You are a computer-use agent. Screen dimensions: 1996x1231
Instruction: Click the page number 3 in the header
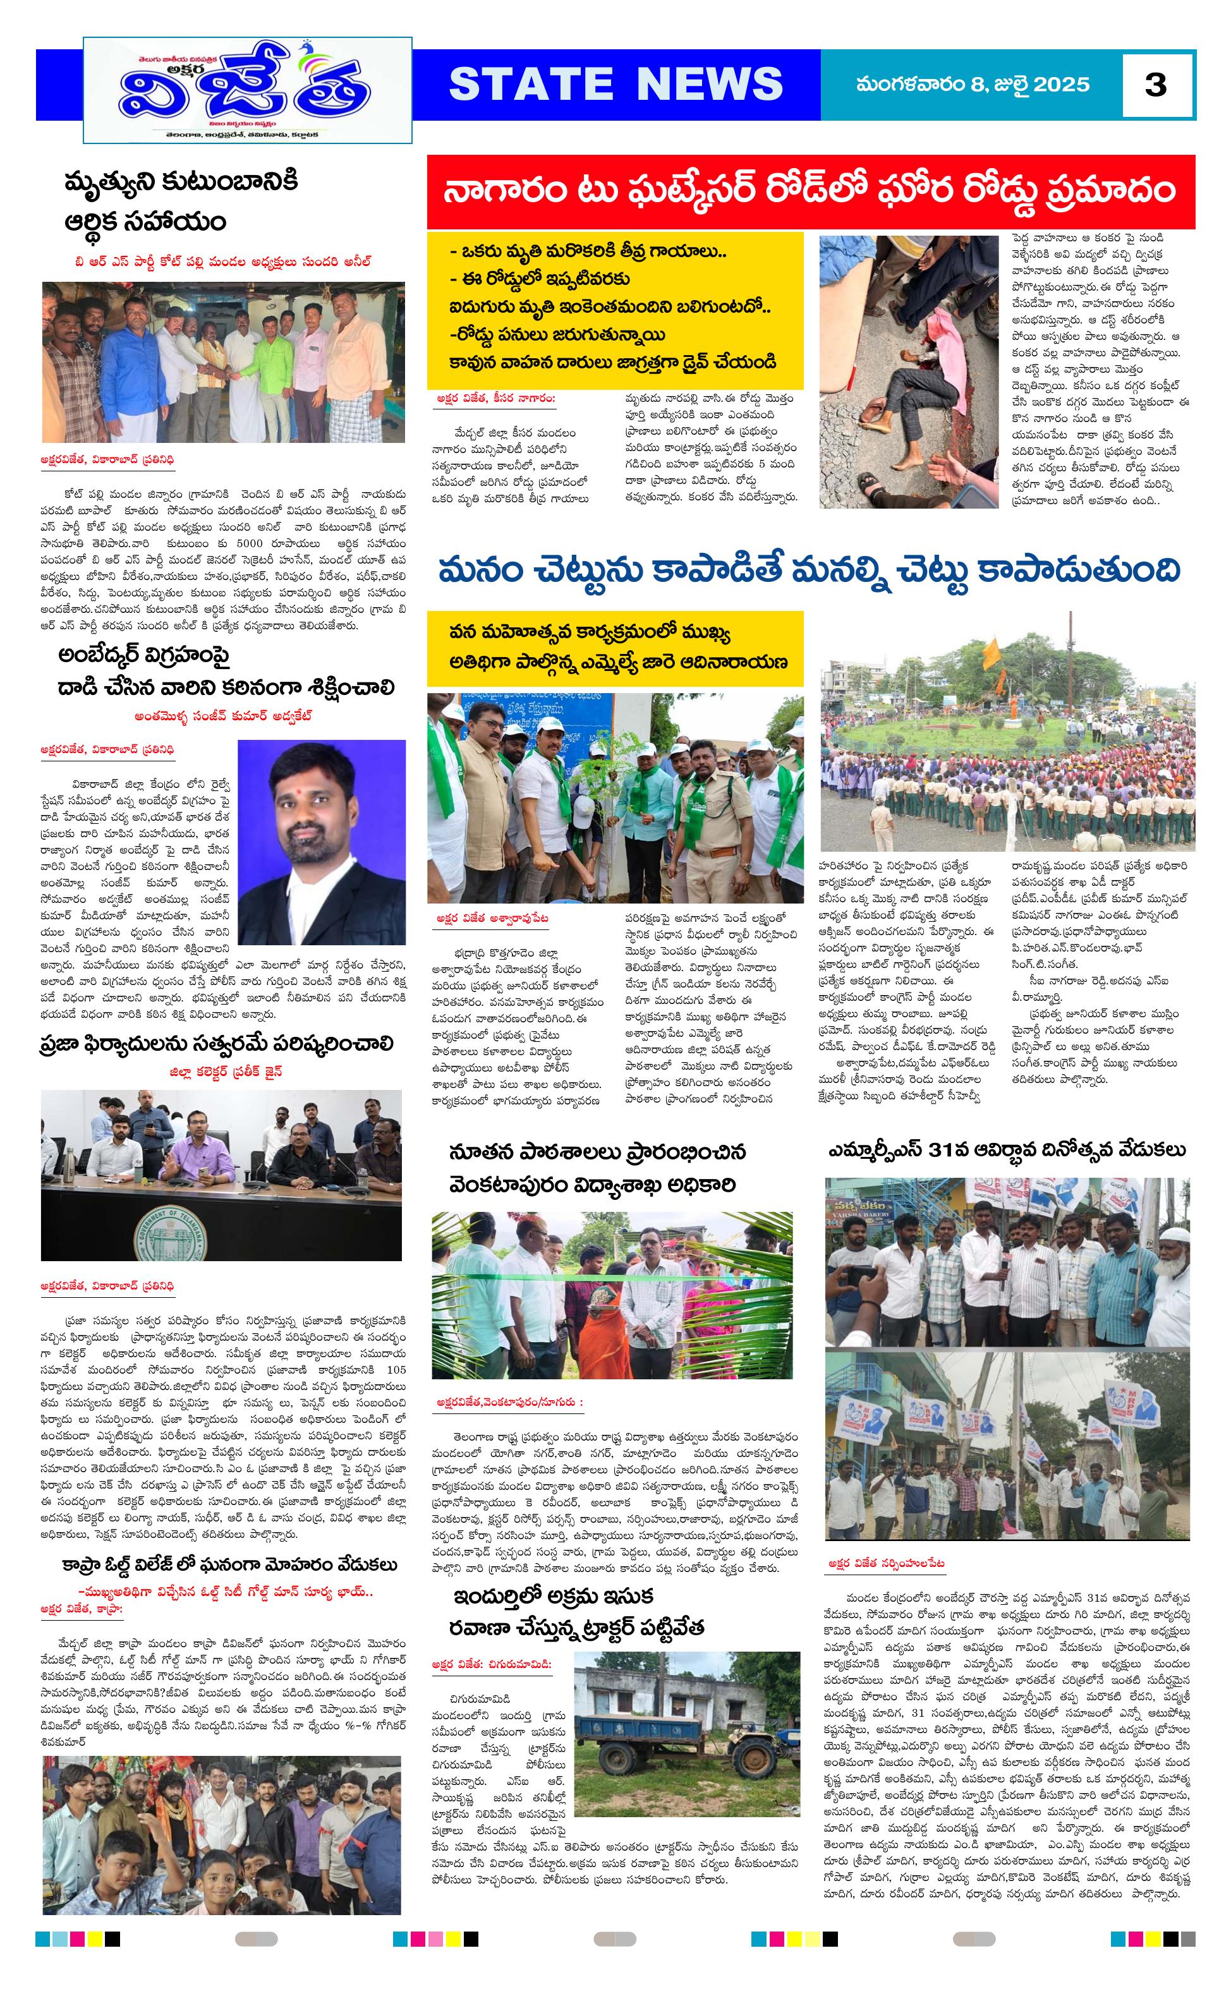(1155, 85)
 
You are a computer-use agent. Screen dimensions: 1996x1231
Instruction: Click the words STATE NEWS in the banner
(615, 84)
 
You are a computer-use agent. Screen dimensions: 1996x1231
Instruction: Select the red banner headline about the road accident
(810, 190)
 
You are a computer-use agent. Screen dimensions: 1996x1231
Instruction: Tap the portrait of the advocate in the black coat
(321, 842)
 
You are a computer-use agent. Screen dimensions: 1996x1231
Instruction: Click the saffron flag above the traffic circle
(991, 651)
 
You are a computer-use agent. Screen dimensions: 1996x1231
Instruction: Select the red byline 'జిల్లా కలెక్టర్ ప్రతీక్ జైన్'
(226, 1072)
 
